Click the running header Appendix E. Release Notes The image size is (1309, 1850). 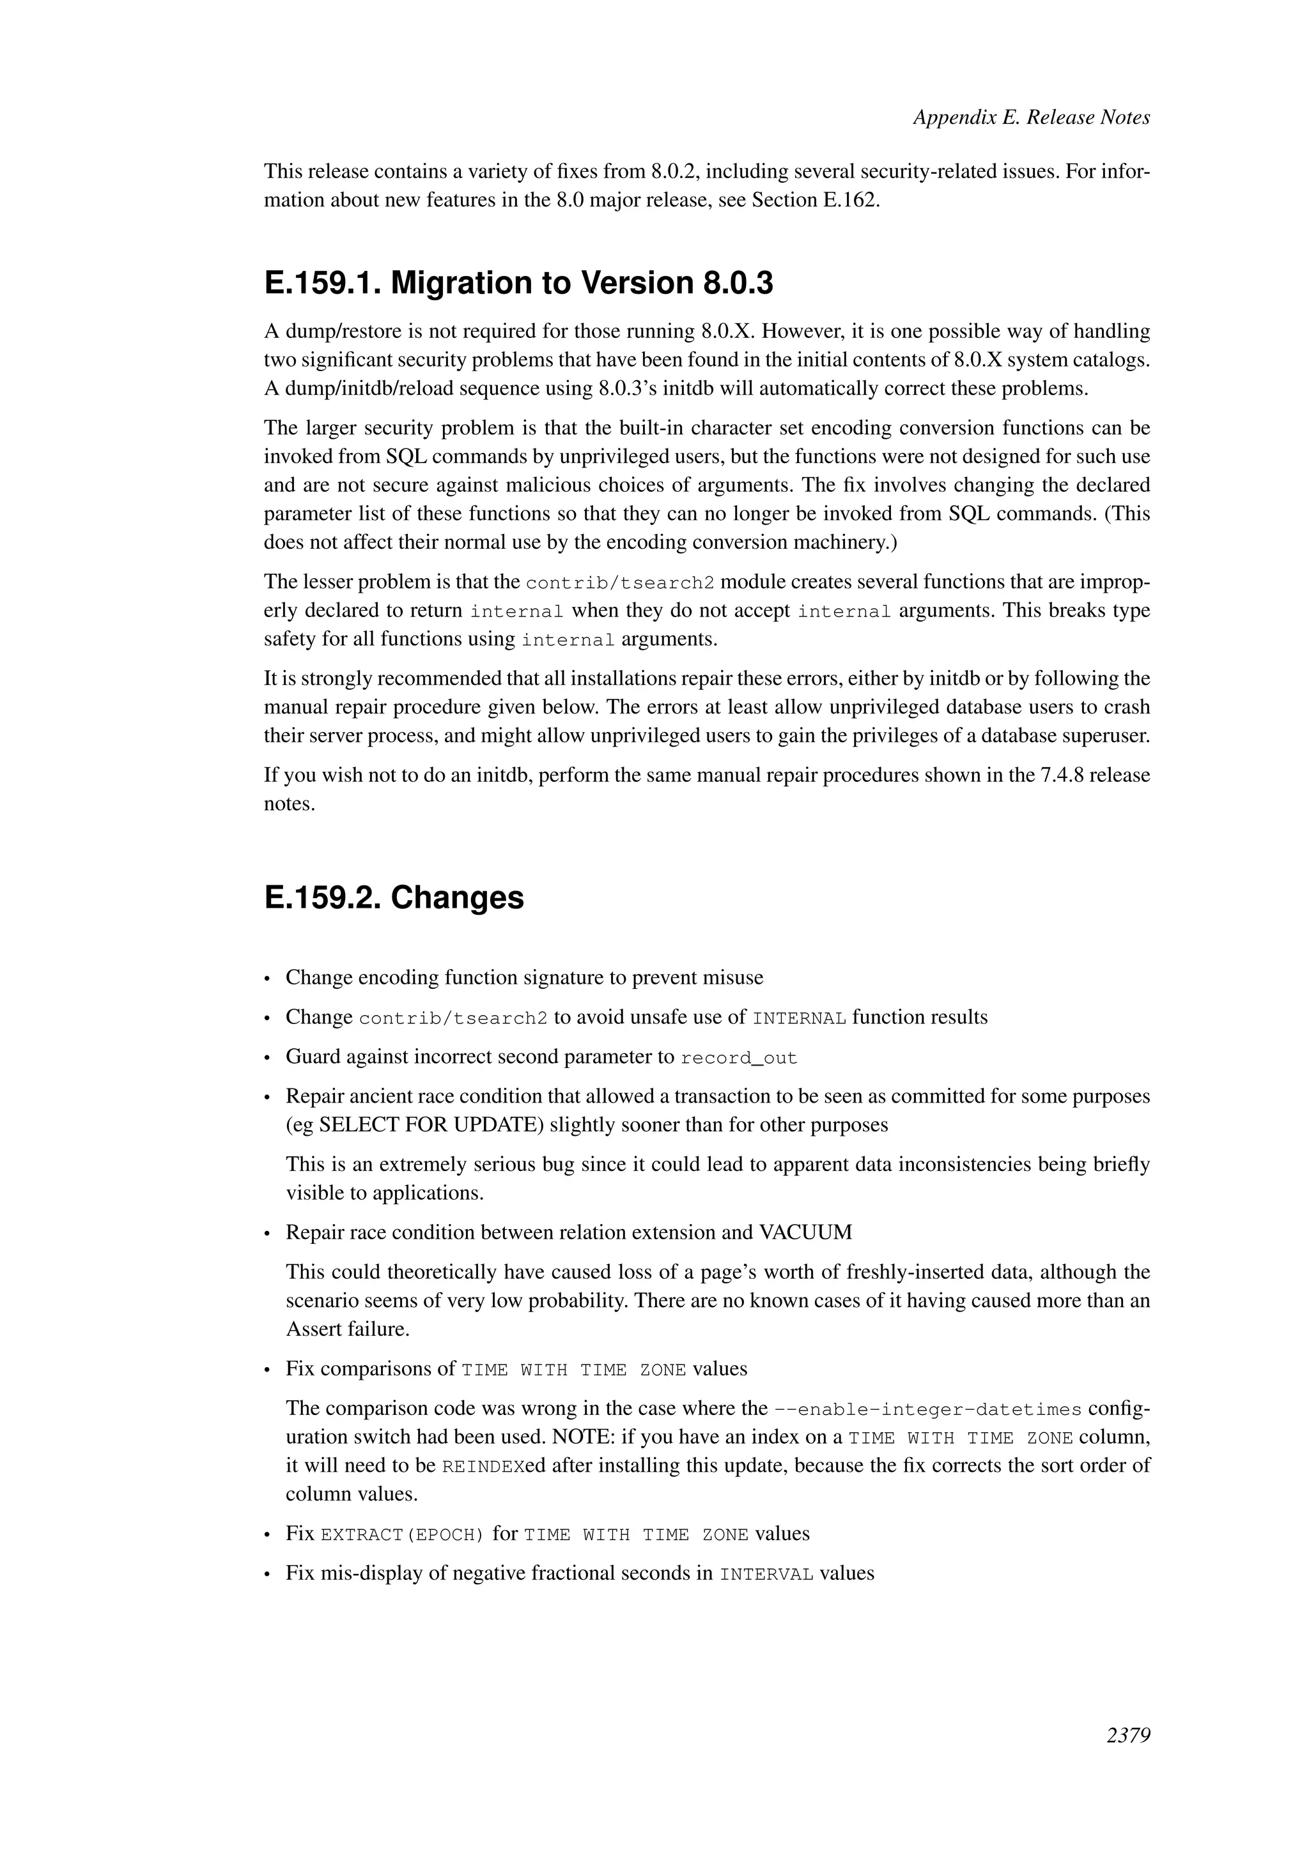(x=1031, y=118)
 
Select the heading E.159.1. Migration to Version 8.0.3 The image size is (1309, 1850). (x=518, y=283)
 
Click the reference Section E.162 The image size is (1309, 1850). (x=814, y=200)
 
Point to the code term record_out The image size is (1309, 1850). (x=738, y=1058)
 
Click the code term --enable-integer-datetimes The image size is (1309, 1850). (x=927, y=1409)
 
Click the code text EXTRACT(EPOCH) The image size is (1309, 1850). (x=402, y=1534)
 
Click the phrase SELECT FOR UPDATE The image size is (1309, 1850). (x=431, y=1125)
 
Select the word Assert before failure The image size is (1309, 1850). (x=314, y=1329)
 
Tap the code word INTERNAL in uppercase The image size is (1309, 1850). (x=799, y=1018)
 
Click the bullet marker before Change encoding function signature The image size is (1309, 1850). (x=268, y=979)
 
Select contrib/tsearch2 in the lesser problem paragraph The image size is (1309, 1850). (x=620, y=583)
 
